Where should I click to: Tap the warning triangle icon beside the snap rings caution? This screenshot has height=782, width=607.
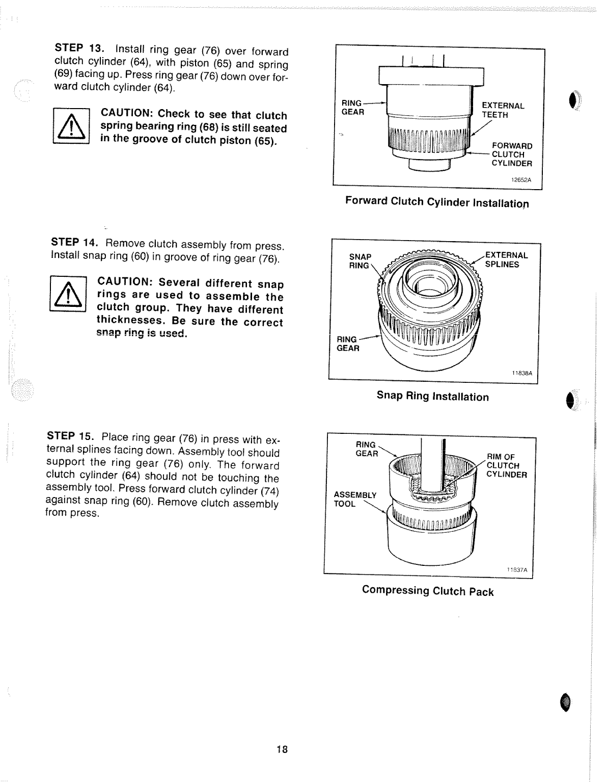68,294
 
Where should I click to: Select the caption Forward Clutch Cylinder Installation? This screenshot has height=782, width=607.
437,202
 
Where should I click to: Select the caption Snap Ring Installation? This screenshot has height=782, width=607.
432,396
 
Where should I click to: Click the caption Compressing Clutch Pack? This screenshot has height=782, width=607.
428,591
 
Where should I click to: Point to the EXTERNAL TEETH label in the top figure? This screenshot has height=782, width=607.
503,110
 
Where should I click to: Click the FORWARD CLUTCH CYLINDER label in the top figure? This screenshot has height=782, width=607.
511,154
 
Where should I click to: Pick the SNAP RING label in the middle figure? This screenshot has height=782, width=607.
360,260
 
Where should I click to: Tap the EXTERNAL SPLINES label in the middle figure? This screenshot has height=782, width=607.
506,259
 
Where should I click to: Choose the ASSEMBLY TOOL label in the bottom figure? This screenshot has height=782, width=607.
354,499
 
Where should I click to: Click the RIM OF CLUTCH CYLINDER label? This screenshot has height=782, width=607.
506,465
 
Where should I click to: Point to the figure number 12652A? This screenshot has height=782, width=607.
521,179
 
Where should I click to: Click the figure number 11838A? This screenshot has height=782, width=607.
522,373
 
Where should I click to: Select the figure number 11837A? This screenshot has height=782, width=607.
516,570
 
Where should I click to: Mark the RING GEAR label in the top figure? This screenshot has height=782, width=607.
352,108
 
